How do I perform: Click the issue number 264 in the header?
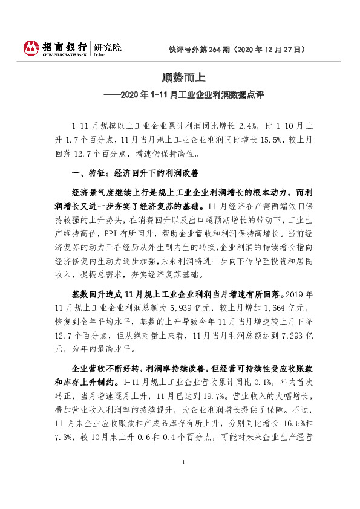tap(215, 49)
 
